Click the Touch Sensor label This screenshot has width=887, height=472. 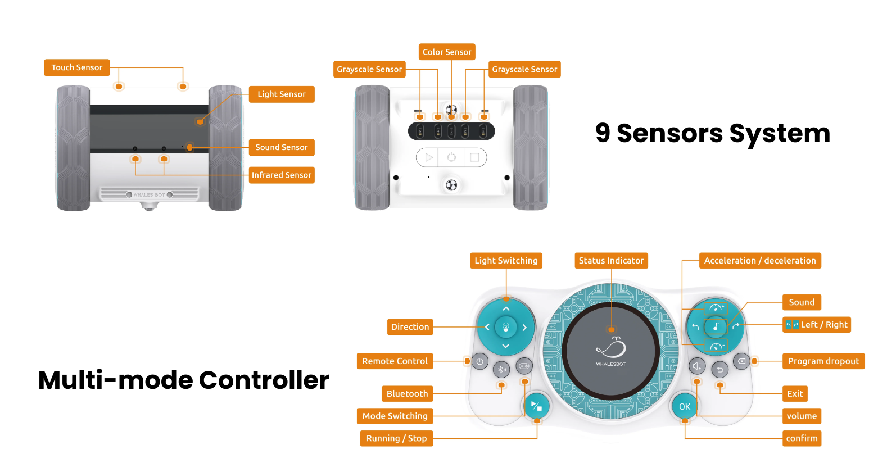(77, 67)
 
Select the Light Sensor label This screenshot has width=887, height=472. (281, 94)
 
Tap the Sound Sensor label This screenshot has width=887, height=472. (281, 147)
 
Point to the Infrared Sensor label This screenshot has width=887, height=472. (281, 175)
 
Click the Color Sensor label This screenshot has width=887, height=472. (447, 52)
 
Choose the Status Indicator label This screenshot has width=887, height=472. (611, 261)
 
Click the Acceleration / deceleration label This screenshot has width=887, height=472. (759, 261)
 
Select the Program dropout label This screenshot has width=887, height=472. (823, 361)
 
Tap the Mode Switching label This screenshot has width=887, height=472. (395, 416)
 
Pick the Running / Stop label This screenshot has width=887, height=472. (396, 438)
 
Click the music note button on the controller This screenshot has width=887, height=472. (716, 326)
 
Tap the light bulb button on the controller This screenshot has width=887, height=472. (505, 327)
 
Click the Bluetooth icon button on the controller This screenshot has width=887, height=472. (501, 369)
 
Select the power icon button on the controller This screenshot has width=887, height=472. (479, 361)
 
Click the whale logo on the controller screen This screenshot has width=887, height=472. (611, 348)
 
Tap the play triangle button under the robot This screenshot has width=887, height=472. (429, 157)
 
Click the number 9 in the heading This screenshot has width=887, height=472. (603, 133)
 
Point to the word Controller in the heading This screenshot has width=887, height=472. (264, 380)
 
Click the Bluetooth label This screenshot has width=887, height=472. (407, 394)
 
